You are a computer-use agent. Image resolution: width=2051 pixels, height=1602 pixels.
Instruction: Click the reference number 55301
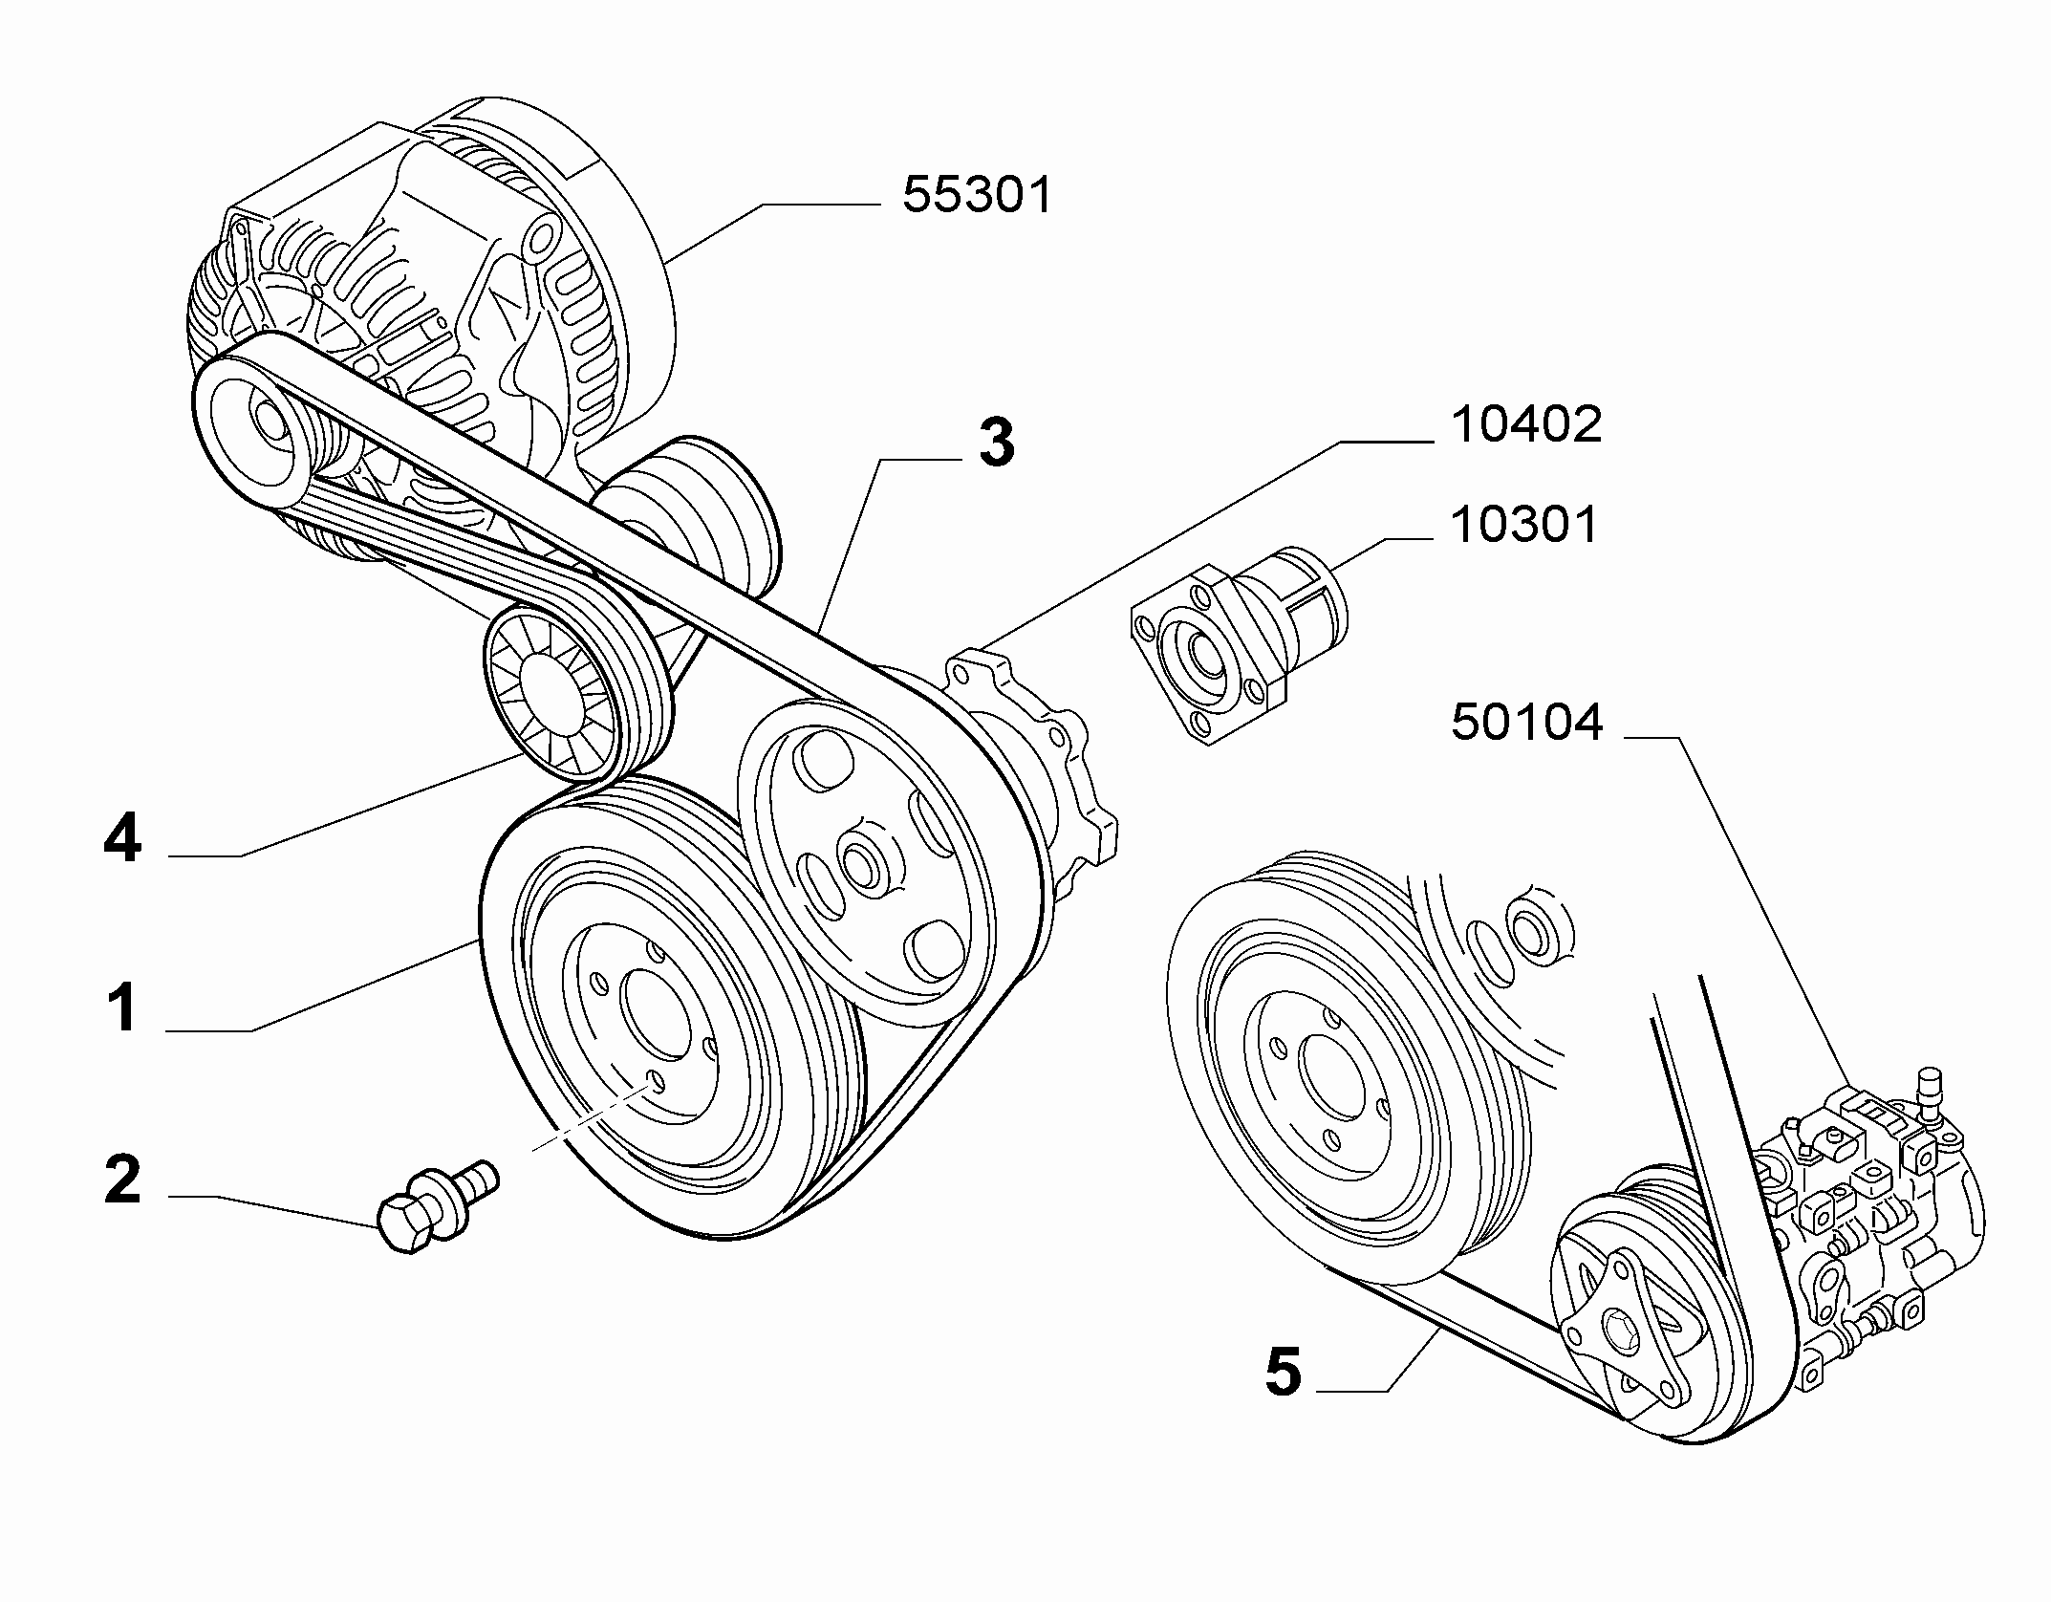(977, 195)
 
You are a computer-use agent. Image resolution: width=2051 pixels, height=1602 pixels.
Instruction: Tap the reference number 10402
(1525, 423)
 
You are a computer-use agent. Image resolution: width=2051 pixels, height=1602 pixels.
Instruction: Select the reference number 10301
(1524, 525)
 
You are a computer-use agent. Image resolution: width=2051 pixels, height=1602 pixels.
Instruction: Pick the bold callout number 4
(122, 839)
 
